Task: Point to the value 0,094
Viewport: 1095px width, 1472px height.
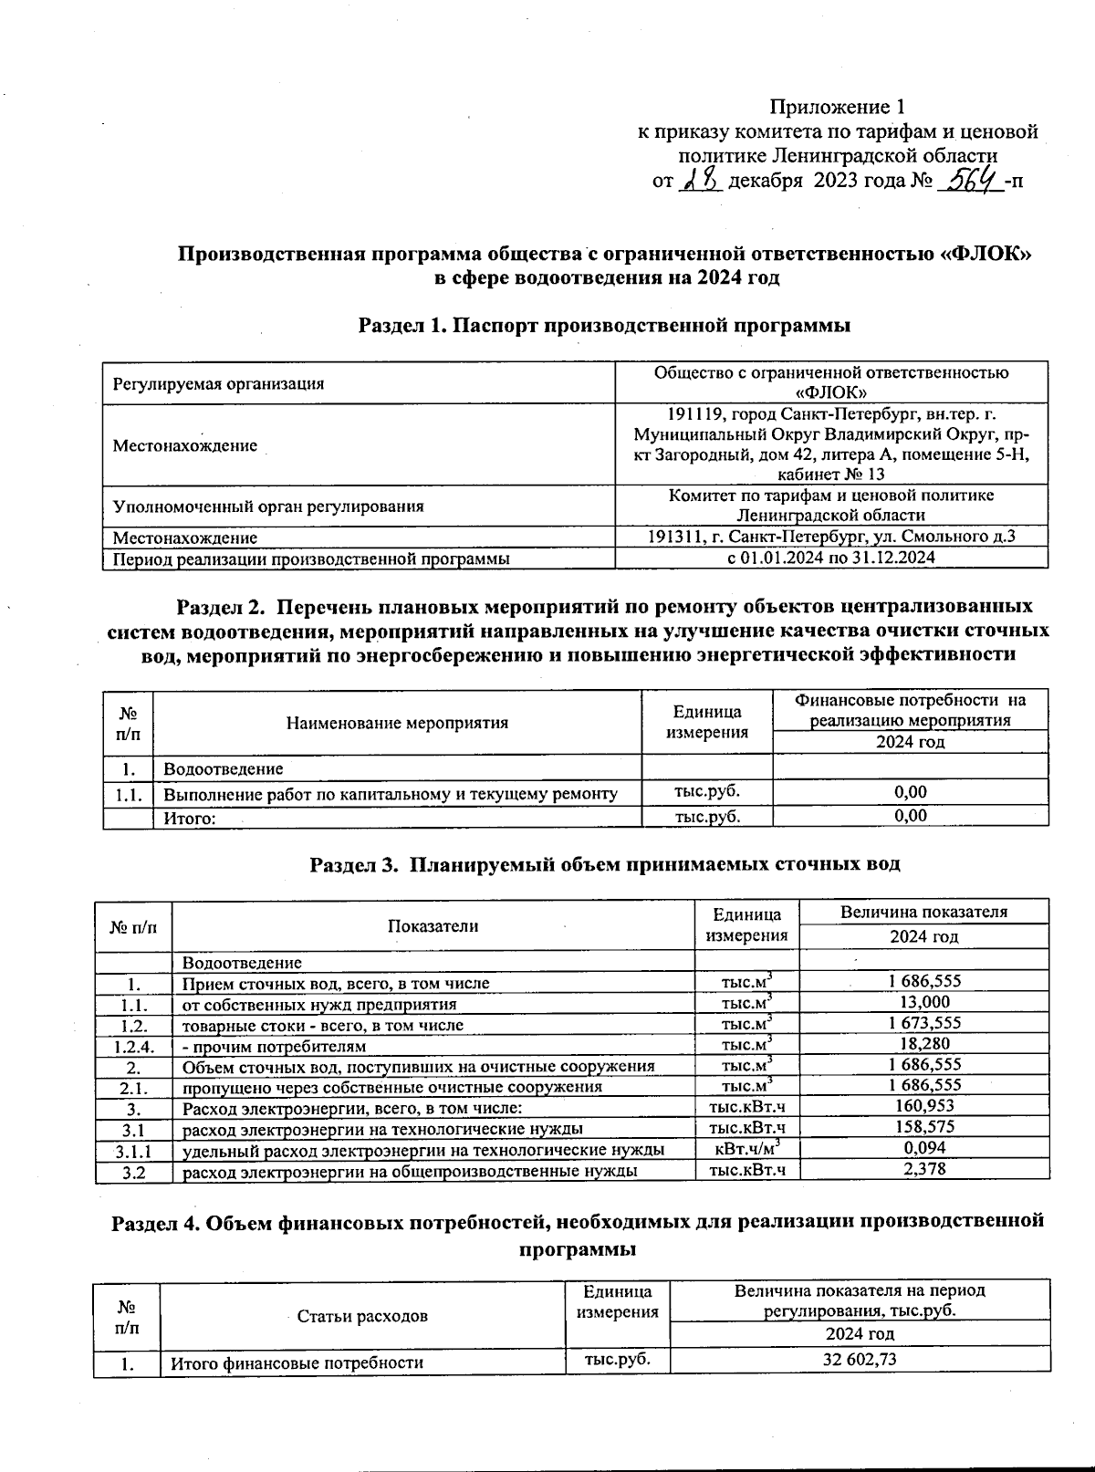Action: tap(923, 1148)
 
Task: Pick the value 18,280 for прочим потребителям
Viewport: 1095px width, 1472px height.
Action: tap(923, 1044)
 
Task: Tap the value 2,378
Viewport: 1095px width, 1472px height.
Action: tap(923, 1169)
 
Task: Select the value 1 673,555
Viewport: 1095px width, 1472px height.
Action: tap(923, 1023)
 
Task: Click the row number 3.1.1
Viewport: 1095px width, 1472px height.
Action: tap(133, 1151)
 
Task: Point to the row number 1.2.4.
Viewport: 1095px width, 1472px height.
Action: tap(133, 1047)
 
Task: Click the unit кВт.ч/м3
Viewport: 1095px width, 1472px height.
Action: tap(746, 1149)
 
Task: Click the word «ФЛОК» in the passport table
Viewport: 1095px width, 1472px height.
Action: tap(830, 392)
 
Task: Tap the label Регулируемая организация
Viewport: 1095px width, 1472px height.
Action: tap(218, 384)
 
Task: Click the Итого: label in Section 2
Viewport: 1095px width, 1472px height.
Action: tap(189, 819)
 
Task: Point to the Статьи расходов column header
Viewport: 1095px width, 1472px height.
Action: tap(362, 1316)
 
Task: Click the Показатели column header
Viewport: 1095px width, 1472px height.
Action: tap(433, 926)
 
